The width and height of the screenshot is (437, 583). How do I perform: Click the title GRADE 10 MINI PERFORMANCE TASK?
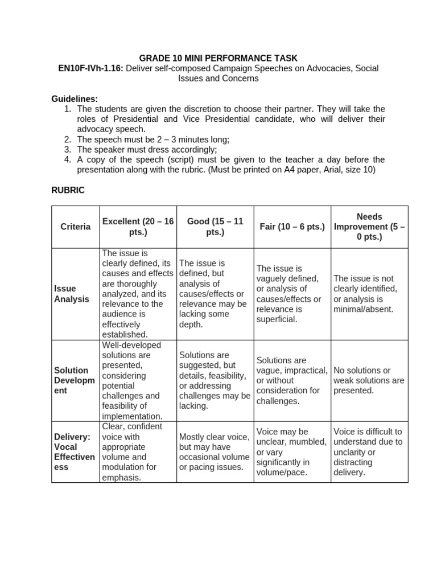(x=218, y=58)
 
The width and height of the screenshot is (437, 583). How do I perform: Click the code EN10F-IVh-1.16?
(x=90, y=68)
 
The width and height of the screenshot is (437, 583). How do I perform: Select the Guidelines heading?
(x=75, y=99)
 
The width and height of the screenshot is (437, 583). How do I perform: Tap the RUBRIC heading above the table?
(x=68, y=190)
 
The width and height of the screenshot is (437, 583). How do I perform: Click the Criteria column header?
(x=76, y=227)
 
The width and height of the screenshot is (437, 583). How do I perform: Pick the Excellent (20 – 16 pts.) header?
(x=138, y=227)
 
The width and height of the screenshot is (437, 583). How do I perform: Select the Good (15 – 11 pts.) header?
(x=215, y=227)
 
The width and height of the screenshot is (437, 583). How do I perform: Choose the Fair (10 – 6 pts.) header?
(x=292, y=227)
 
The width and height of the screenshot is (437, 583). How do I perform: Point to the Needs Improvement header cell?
(x=369, y=227)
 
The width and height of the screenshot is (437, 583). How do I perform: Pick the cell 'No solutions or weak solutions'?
(x=369, y=380)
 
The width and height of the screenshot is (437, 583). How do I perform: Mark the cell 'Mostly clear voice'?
(x=214, y=452)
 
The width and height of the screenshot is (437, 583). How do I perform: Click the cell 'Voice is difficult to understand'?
(x=368, y=452)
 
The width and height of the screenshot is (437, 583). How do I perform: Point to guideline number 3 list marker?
(x=67, y=150)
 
